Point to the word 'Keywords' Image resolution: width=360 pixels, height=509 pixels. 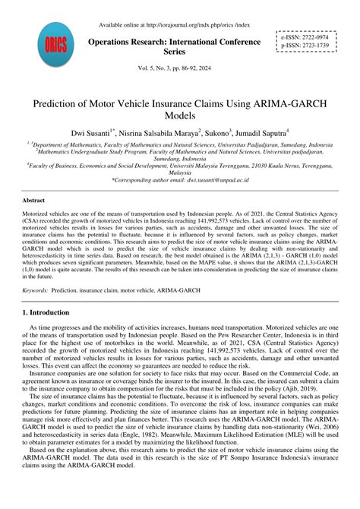click(35, 290)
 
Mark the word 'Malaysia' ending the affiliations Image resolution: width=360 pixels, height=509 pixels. click(180, 172)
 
